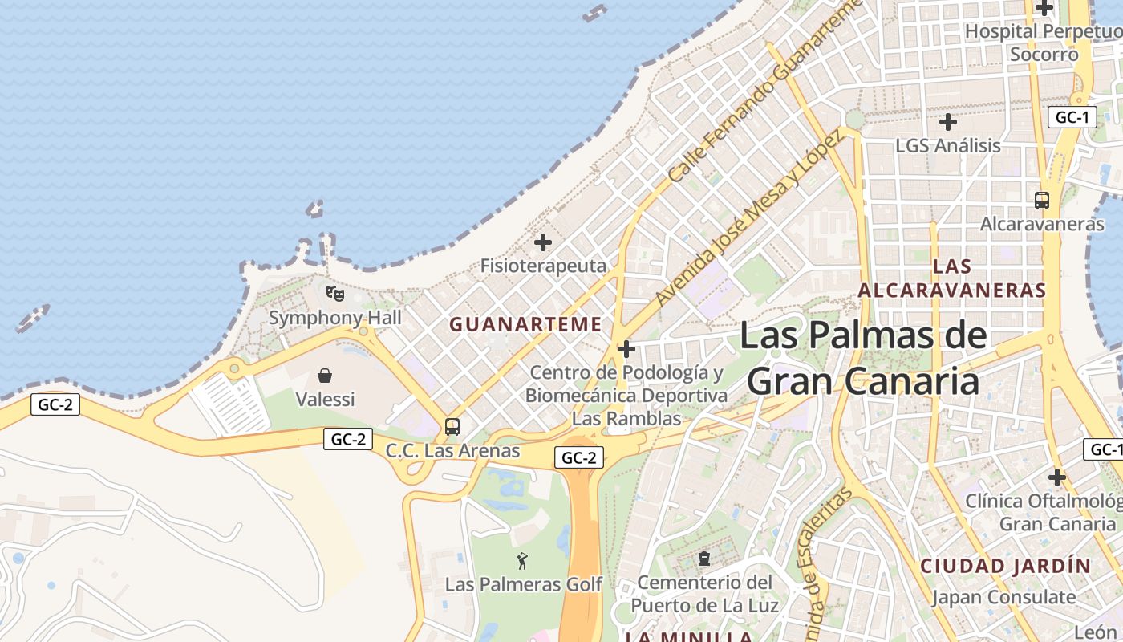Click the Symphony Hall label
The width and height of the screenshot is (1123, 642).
pyautogui.click(x=334, y=317)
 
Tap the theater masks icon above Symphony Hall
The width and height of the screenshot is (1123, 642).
pyautogui.click(x=335, y=294)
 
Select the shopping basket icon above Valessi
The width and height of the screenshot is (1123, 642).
pyautogui.click(x=325, y=376)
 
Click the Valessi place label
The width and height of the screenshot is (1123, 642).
pyautogui.click(x=325, y=399)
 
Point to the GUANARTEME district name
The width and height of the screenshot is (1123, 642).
pyautogui.click(x=525, y=324)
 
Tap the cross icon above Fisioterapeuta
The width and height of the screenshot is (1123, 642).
pyautogui.click(x=543, y=242)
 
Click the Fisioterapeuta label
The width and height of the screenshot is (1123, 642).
pyautogui.click(x=543, y=265)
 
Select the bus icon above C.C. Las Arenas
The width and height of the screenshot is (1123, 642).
pyautogui.click(x=452, y=427)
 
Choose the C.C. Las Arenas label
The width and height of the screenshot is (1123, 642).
pyautogui.click(x=452, y=451)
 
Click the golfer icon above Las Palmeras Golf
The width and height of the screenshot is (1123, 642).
pyautogui.click(x=523, y=561)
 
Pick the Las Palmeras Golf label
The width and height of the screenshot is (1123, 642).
pyautogui.click(x=523, y=584)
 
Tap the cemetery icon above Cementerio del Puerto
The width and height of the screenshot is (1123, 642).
pyautogui.click(x=704, y=558)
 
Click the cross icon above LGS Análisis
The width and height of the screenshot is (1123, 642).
pyautogui.click(x=948, y=123)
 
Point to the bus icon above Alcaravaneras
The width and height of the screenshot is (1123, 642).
pyautogui.click(x=1042, y=201)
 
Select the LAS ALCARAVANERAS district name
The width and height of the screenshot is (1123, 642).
pyautogui.click(x=952, y=278)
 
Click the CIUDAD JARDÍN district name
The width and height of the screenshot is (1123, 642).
pyautogui.click(x=1005, y=566)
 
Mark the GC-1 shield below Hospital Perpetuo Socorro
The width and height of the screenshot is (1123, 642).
pyautogui.click(x=1072, y=117)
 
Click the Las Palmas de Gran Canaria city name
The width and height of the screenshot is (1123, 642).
pyautogui.click(x=863, y=358)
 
